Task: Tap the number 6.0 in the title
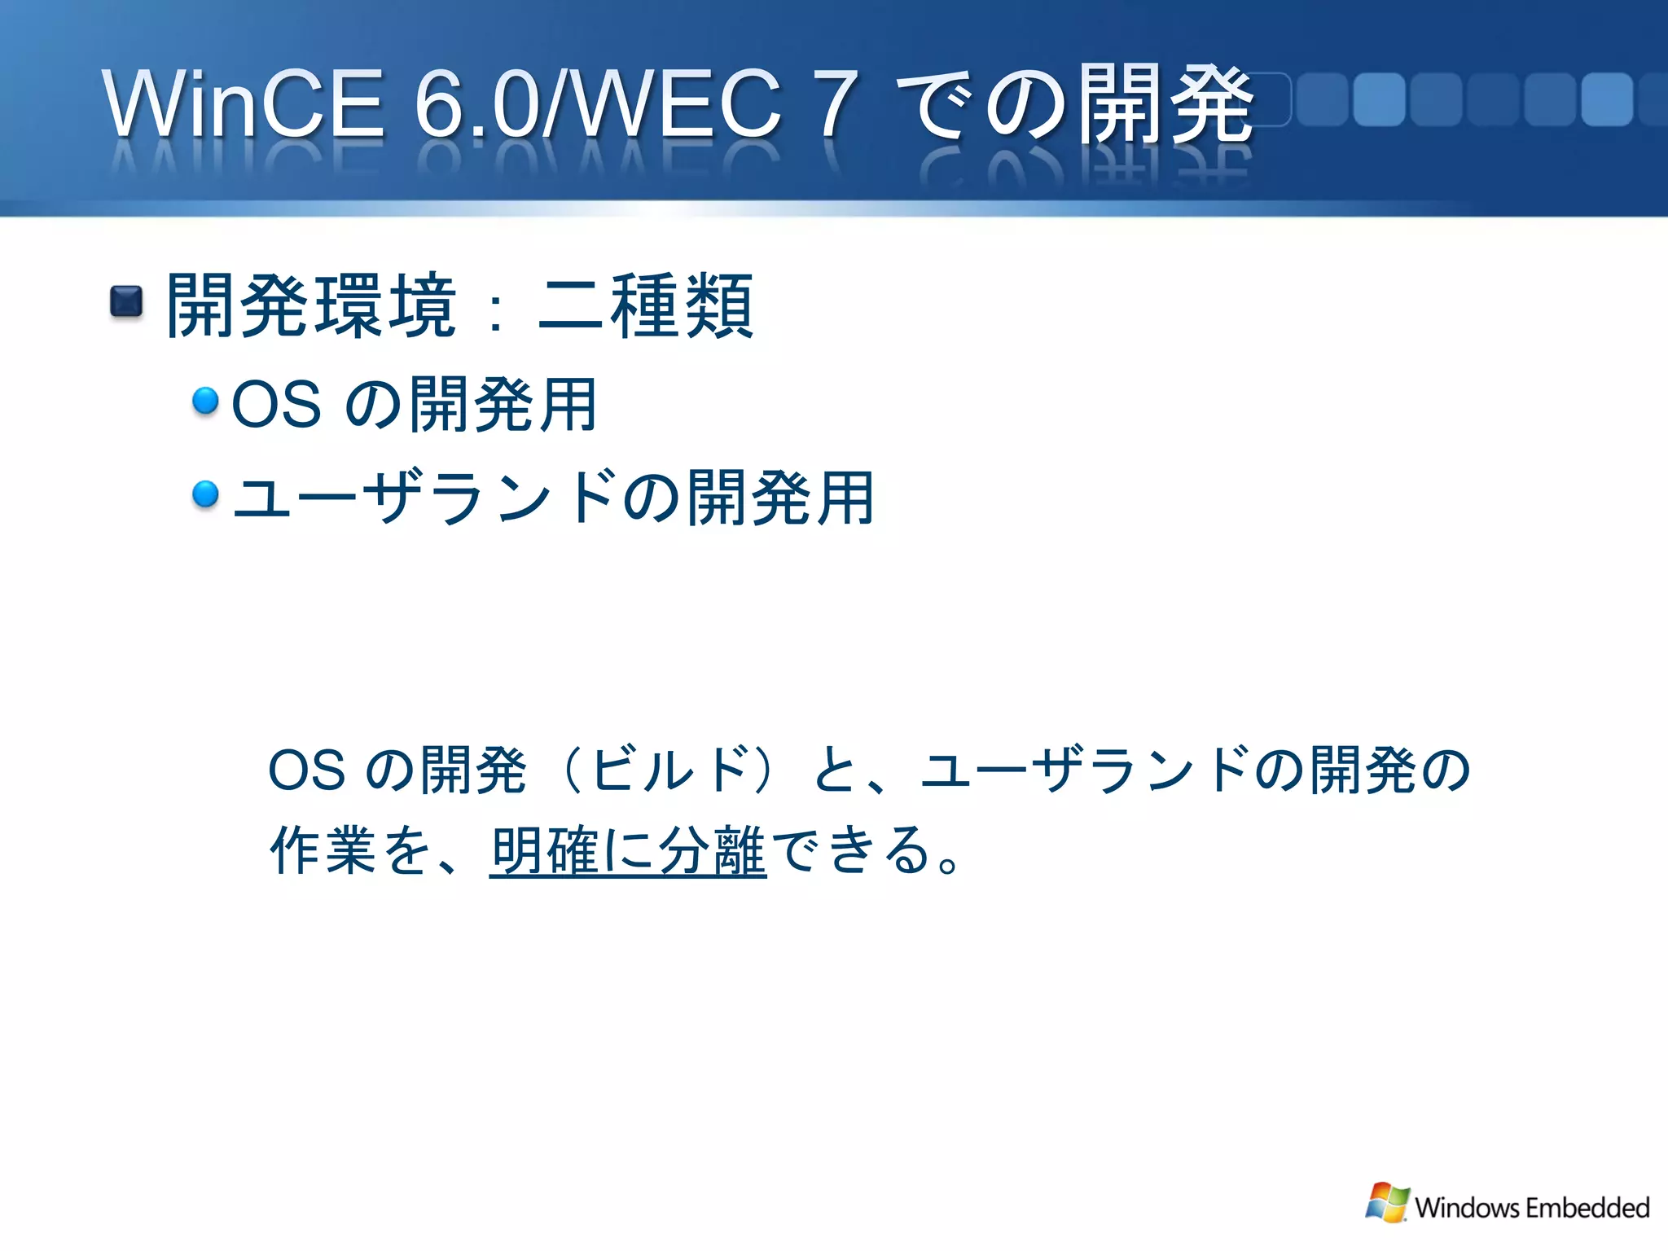pos(476,104)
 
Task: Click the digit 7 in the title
pos(837,104)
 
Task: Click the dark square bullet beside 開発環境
pos(126,302)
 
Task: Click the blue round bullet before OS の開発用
pos(205,400)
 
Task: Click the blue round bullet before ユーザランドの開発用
pos(205,494)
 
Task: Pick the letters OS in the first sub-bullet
pos(276,405)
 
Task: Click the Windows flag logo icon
pos(1387,1203)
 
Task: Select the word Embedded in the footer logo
pos(1587,1207)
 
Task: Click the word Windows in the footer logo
pos(1467,1207)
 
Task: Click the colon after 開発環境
pos(494,314)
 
